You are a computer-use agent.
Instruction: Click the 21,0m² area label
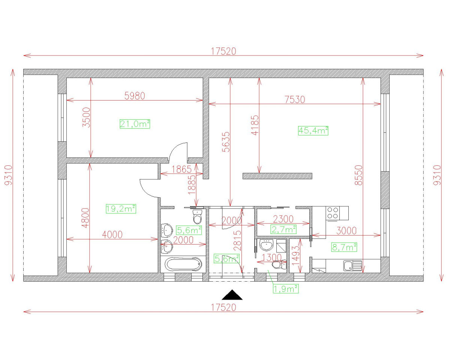tap(135, 124)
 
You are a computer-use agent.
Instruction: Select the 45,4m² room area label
tap(313, 130)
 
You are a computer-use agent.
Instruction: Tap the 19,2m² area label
tap(120, 209)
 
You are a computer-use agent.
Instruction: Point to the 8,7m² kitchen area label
tap(344, 247)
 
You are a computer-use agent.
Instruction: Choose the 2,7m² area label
tap(283, 228)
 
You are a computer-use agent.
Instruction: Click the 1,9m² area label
tap(286, 288)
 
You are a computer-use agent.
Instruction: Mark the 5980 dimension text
tap(134, 96)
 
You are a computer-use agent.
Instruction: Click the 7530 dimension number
tap(295, 99)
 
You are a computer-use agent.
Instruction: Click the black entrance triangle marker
tap(232, 295)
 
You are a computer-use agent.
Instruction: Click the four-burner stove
tap(333, 213)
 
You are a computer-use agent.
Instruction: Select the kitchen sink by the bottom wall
tap(348, 266)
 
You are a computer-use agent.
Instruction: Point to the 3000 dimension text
tap(346, 231)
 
